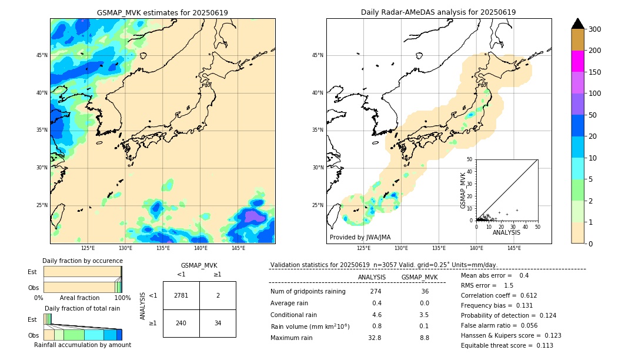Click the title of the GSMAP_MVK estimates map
(162, 12)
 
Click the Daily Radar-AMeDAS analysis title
(439, 12)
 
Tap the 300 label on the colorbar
(595, 29)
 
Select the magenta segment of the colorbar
(578, 61)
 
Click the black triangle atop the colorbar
(578, 24)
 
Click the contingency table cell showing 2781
(181, 295)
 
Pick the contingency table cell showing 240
(181, 323)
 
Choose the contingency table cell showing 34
(218, 323)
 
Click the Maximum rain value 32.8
(375, 338)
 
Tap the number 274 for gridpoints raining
(376, 291)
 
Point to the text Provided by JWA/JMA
(360, 238)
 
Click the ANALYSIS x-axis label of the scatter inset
(506, 232)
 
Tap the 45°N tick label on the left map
(42, 55)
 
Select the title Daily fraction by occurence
(82, 261)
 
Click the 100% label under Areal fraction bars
(122, 298)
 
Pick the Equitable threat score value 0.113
(540, 345)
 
